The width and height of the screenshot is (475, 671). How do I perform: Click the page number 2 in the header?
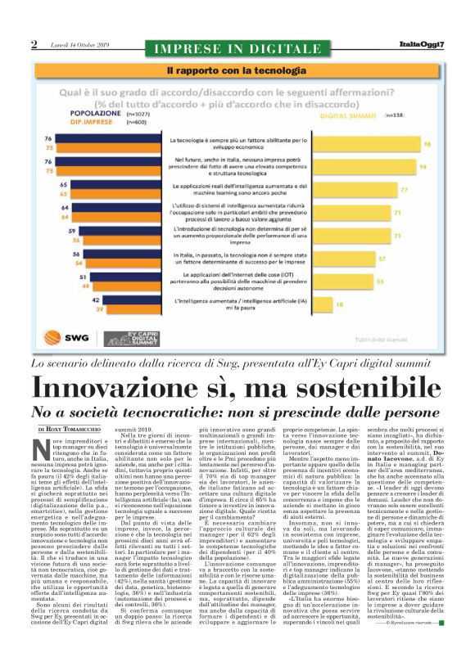click(34, 44)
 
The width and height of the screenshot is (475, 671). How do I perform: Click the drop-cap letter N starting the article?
click(40, 448)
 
